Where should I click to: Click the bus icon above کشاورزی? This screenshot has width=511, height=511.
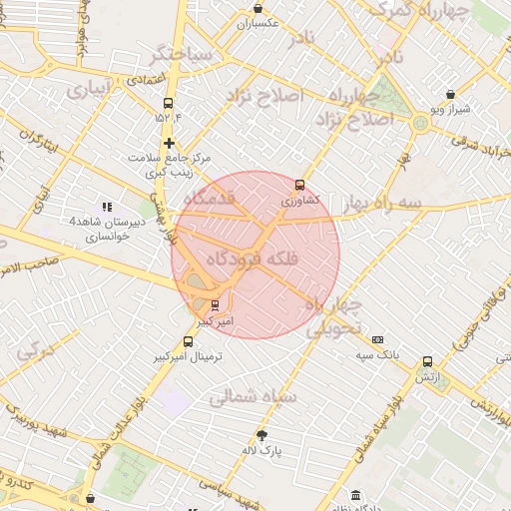(x=299, y=185)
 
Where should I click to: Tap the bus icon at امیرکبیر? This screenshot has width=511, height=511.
(x=215, y=305)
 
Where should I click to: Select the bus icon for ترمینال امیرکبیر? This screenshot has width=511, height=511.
(x=189, y=341)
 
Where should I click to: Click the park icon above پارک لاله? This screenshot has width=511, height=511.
(x=262, y=434)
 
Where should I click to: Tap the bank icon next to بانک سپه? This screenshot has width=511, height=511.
(x=377, y=340)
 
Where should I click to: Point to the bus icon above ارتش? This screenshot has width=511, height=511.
(x=427, y=362)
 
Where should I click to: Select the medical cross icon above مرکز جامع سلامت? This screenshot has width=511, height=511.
(x=169, y=143)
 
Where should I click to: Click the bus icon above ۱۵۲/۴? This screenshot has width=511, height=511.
(x=168, y=103)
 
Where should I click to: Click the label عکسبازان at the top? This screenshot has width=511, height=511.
(x=257, y=23)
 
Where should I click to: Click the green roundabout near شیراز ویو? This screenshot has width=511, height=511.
(x=420, y=123)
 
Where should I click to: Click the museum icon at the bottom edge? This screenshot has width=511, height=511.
(x=356, y=495)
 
